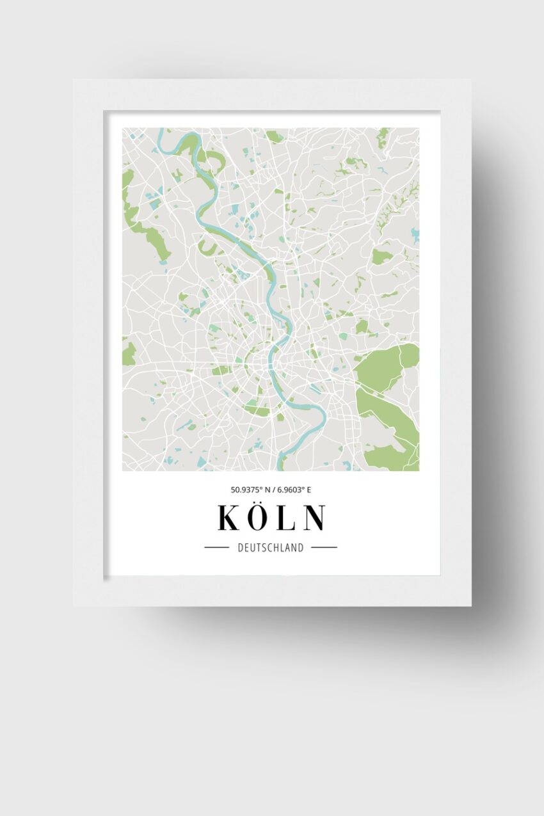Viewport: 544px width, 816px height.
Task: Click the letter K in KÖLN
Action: tap(228, 518)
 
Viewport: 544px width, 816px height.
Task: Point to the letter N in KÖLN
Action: tap(314, 518)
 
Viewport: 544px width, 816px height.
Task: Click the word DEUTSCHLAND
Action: tap(271, 548)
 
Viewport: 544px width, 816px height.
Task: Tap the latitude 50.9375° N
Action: tap(249, 490)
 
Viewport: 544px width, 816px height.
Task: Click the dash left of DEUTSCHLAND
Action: tap(216, 548)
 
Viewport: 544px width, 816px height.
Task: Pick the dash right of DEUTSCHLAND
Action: tap(324, 548)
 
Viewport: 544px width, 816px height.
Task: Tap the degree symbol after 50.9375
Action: tap(258, 488)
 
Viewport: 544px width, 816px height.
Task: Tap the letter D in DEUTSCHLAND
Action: tap(241, 548)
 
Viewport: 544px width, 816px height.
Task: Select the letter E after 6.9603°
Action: tap(308, 490)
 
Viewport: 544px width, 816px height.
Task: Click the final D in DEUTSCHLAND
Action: tap(301, 548)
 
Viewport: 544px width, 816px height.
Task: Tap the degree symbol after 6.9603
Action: tap(303, 488)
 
